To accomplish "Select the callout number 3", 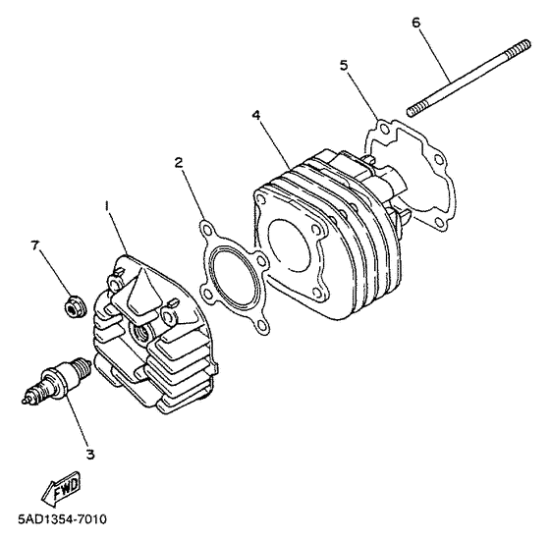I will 90,454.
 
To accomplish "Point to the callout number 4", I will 255,115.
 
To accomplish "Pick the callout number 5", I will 344,66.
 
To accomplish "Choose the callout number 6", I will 415,22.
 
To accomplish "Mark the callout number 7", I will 35,244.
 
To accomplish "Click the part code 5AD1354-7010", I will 62,519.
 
